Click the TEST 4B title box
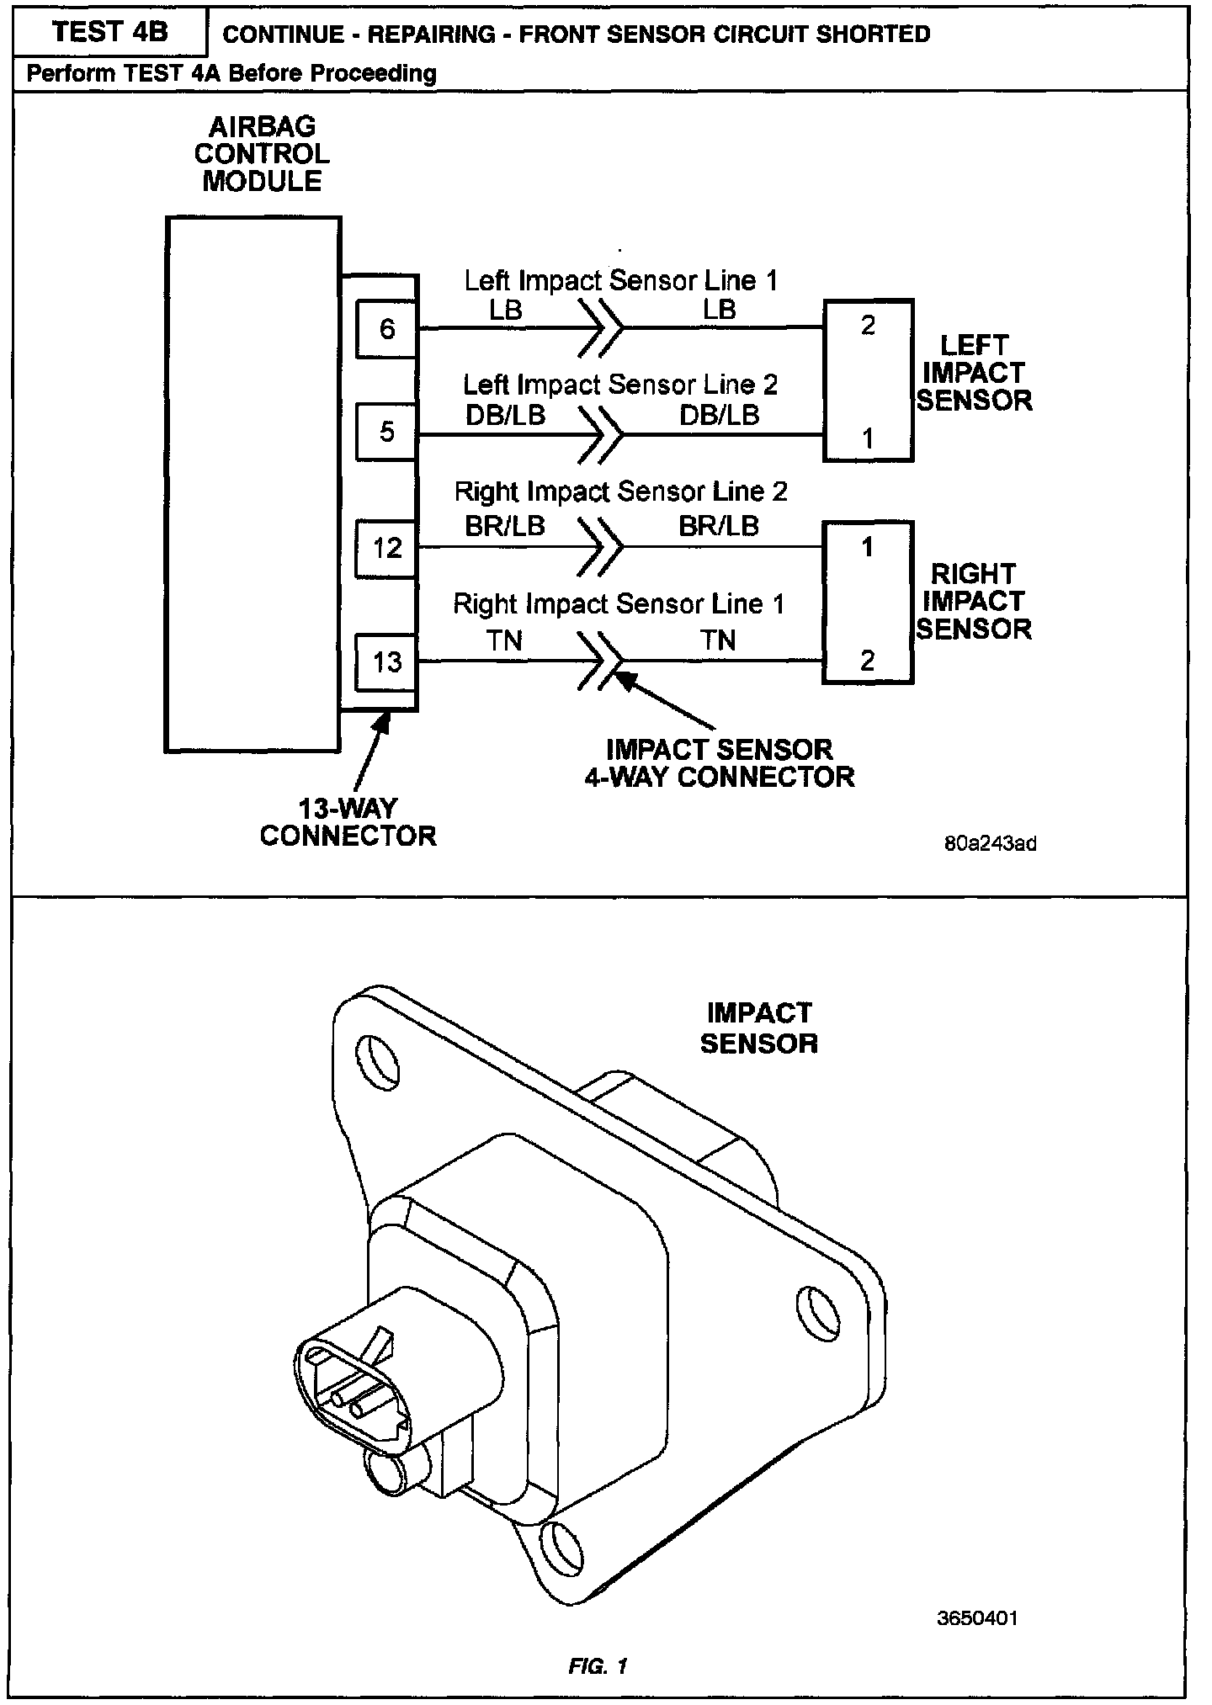109,32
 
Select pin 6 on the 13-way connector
386,328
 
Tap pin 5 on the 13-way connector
386,432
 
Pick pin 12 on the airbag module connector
386,549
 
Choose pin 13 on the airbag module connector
386,661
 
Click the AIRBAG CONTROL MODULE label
262,154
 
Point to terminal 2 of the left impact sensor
868,326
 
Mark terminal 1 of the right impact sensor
868,548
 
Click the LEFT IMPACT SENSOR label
974,373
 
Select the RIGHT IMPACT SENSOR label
974,602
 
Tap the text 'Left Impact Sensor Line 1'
621,281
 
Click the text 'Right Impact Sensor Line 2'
621,491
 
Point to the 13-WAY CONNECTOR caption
348,822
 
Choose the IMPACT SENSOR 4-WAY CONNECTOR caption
720,763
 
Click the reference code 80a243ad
990,844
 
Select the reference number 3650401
977,1618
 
